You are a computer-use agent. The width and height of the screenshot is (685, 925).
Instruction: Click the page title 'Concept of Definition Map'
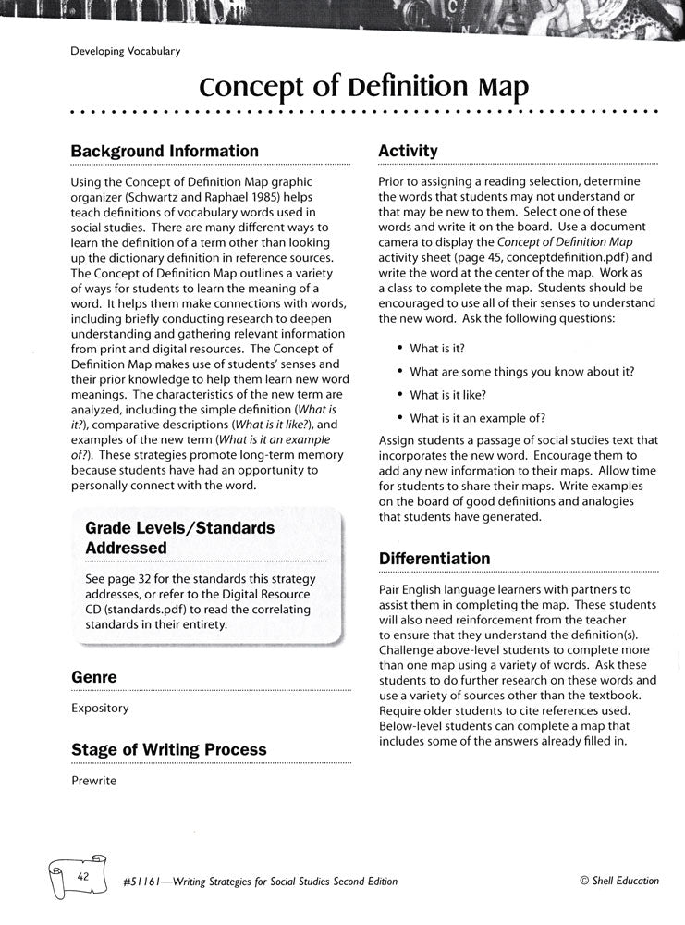[364, 88]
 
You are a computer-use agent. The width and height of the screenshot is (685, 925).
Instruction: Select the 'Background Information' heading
[165, 151]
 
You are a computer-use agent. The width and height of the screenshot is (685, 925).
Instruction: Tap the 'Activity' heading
[408, 151]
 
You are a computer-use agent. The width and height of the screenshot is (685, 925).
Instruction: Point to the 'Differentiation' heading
[434, 559]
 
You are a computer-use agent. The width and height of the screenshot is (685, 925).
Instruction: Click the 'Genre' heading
[94, 677]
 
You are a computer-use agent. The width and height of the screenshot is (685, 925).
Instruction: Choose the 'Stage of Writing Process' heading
[168, 749]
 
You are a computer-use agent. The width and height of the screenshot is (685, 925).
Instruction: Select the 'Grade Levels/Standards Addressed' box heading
[179, 537]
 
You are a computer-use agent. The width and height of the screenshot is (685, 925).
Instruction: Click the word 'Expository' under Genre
[100, 709]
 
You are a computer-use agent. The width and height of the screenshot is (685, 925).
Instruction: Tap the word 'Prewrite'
[94, 781]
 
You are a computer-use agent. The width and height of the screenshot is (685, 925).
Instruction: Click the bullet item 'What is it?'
[437, 348]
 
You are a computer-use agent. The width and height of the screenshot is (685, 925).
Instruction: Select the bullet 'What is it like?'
[448, 395]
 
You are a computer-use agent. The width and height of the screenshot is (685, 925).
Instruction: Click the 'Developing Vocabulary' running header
[125, 52]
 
